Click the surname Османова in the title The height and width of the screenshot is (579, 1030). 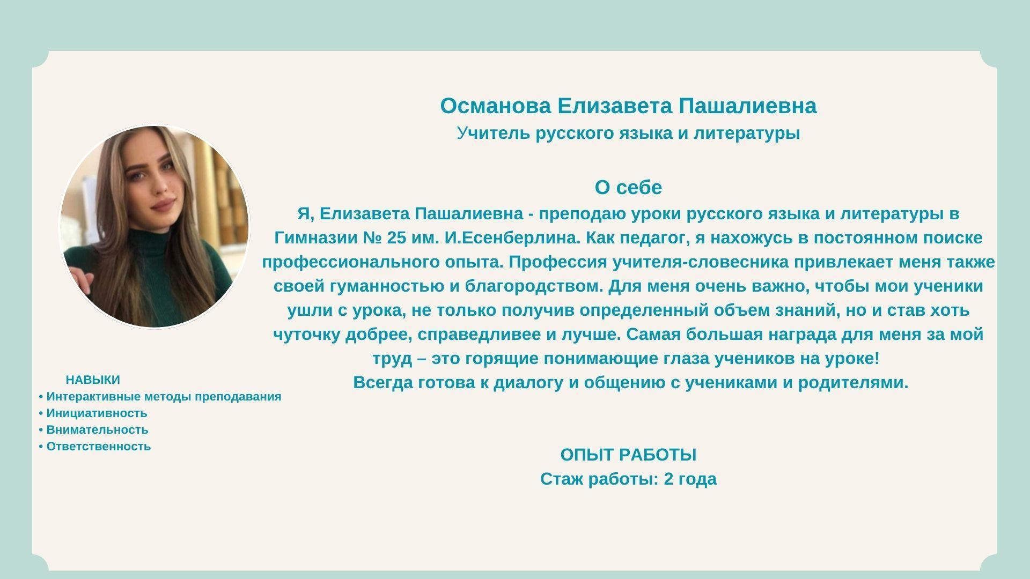(x=495, y=106)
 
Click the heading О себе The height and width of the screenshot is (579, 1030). (x=628, y=188)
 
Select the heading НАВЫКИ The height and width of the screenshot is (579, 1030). (x=93, y=380)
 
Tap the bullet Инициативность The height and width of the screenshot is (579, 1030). (x=93, y=413)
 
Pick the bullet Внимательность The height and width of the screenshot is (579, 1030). (x=93, y=430)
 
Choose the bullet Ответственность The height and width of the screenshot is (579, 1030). (x=94, y=447)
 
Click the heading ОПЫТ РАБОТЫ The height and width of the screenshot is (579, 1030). (x=628, y=455)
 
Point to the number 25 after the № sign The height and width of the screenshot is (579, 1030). (x=396, y=238)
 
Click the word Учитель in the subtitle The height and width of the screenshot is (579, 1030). (x=494, y=133)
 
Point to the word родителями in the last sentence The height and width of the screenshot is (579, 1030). (x=853, y=383)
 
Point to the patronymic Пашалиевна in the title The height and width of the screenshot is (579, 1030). (x=747, y=106)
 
